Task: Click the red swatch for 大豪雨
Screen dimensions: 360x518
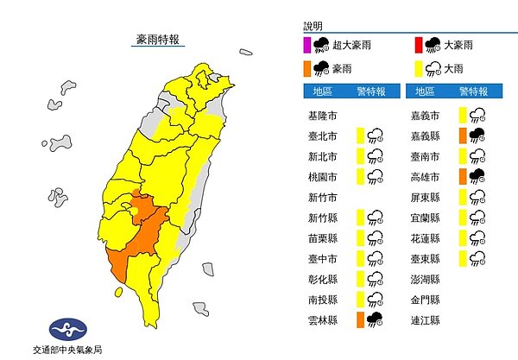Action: point(419,46)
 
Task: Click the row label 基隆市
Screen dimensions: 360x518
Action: point(321,114)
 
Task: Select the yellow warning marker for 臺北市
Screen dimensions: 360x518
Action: point(360,134)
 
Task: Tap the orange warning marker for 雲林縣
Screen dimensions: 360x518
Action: point(360,319)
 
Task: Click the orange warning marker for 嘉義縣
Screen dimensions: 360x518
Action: point(463,134)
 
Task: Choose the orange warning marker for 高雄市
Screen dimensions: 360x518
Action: point(463,175)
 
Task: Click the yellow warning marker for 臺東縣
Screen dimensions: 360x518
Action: point(463,257)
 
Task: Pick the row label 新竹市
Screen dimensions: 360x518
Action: point(321,196)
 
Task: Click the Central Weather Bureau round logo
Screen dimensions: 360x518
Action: point(67,329)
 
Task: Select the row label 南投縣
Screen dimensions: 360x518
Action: point(321,300)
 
